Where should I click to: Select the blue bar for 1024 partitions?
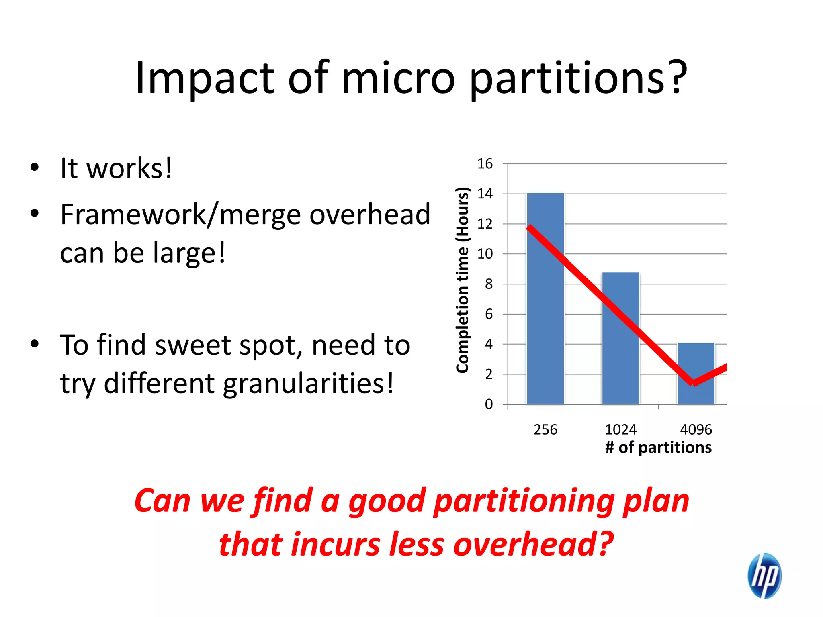click(620, 353)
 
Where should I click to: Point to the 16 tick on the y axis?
click(485, 164)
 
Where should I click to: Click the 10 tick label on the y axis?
click(485, 254)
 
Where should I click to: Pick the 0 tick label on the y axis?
click(489, 404)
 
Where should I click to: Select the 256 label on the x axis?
click(545, 430)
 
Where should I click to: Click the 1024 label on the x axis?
click(620, 430)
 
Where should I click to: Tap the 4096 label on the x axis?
click(696, 430)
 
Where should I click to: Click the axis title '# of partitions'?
click(658, 447)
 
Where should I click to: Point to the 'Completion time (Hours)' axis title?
click(463, 280)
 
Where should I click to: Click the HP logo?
click(764, 575)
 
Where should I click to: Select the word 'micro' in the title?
click(398, 78)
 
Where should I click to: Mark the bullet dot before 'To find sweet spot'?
click(35, 344)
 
